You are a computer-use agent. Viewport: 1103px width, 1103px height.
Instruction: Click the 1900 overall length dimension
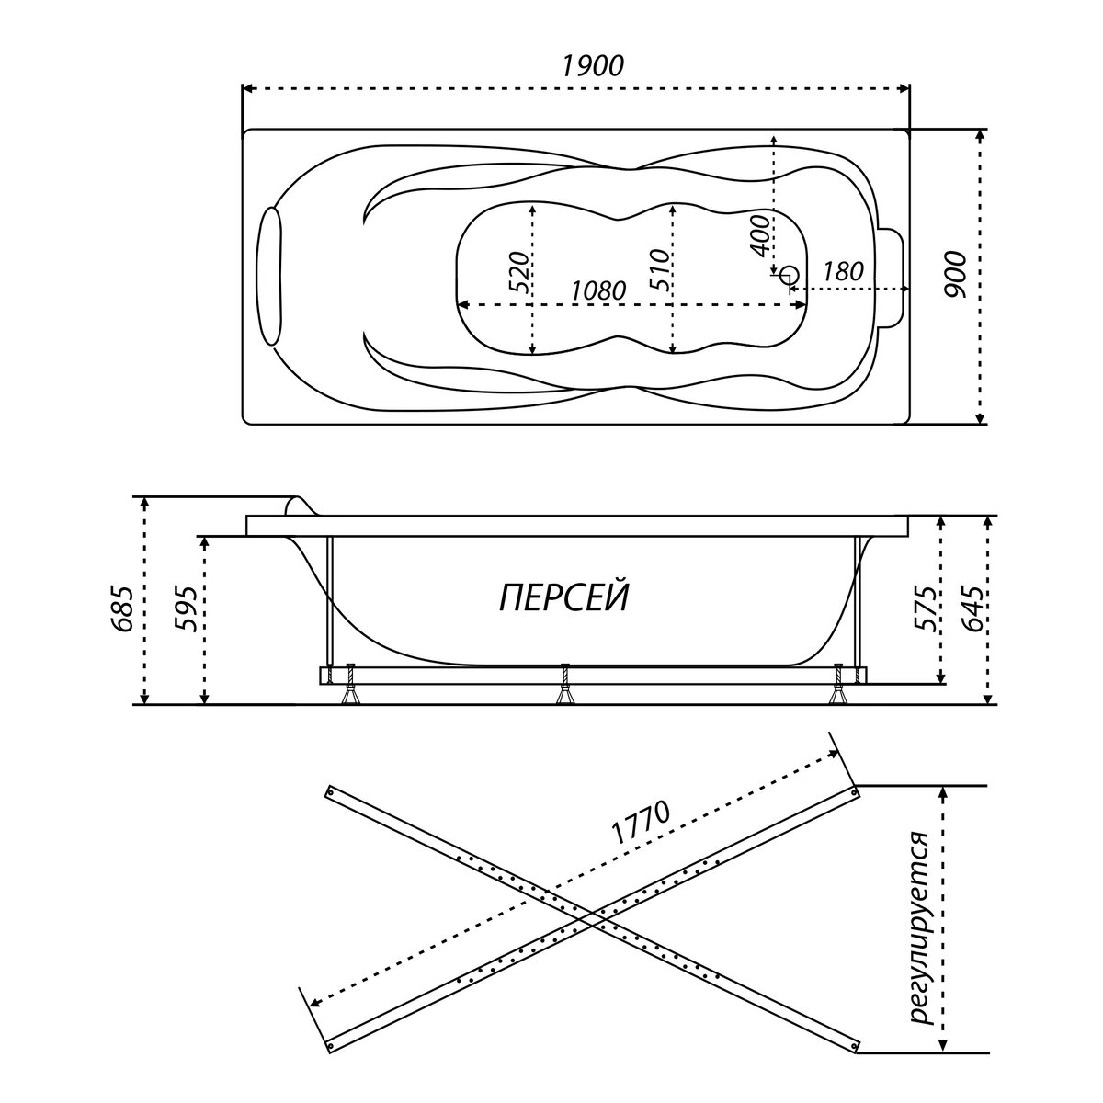tap(592, 65)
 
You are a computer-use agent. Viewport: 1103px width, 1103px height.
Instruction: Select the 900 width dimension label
tap(956, 273)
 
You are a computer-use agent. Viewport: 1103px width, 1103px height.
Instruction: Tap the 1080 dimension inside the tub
tap(597, 290)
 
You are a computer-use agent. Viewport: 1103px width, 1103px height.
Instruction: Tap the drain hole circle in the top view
tap(788, 275)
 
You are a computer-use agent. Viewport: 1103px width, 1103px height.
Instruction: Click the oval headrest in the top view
tap(269, 277)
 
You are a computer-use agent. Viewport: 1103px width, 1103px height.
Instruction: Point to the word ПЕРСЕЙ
tap(564, 598)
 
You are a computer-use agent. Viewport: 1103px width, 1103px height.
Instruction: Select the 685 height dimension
tap(126, 608)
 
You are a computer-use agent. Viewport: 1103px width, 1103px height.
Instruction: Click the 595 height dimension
tap(187, 608)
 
